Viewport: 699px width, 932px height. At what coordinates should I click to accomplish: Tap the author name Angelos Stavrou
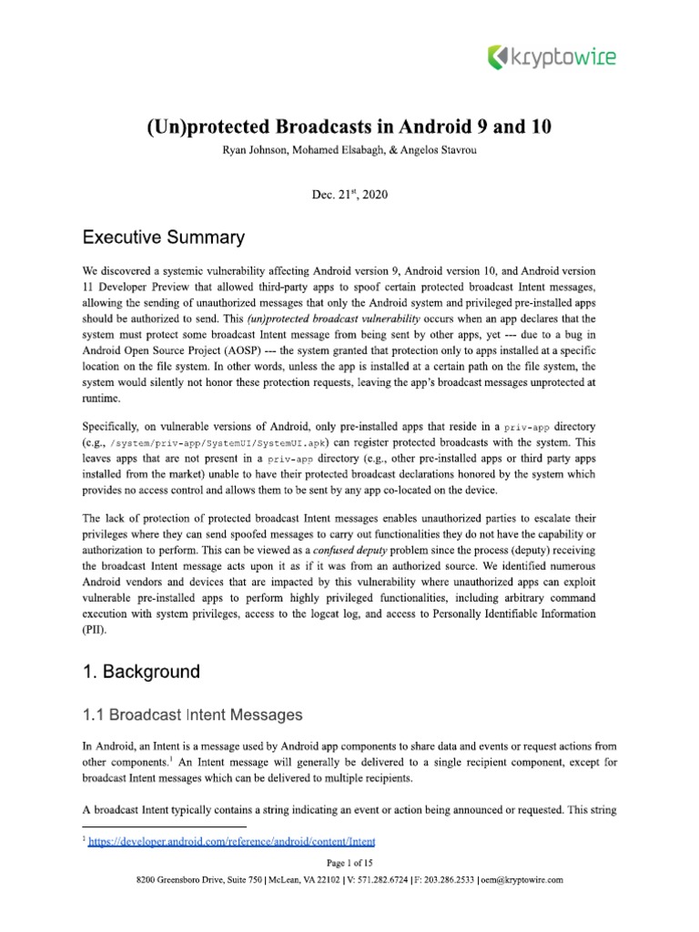(x=443, y=150)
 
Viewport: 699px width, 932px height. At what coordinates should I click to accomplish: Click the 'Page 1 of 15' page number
(x=349, y=863)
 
